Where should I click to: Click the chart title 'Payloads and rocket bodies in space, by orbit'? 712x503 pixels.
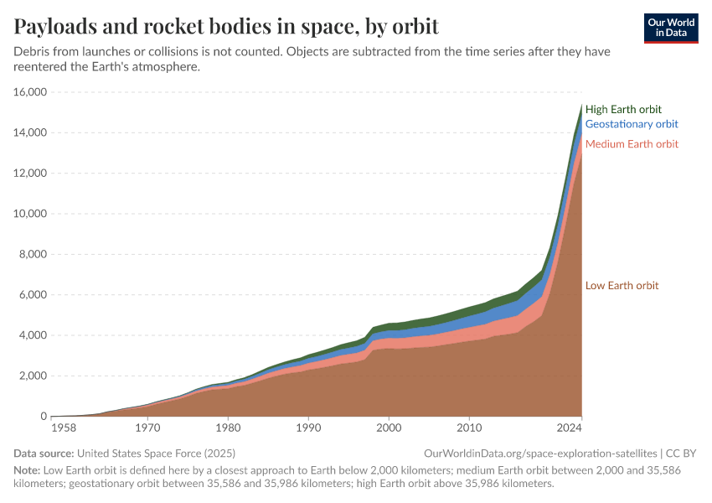(226, 27)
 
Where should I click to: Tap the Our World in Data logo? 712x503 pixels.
(670, 28)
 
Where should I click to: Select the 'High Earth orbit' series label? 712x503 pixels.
(623, 109)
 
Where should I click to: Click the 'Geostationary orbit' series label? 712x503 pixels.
(631, 124)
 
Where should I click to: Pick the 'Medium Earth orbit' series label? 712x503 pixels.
(632, 144)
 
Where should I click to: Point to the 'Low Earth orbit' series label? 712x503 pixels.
(622, 286)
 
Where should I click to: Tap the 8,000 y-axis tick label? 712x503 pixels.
(32, 254)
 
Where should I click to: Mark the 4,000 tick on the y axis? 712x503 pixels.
(32, 335)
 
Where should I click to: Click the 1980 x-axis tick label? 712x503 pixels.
(229, 428)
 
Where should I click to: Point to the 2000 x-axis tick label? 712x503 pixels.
(389, 428)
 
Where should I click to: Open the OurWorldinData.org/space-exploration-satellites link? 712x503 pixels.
(541, 453)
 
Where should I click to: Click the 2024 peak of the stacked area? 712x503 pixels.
(581, 105)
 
